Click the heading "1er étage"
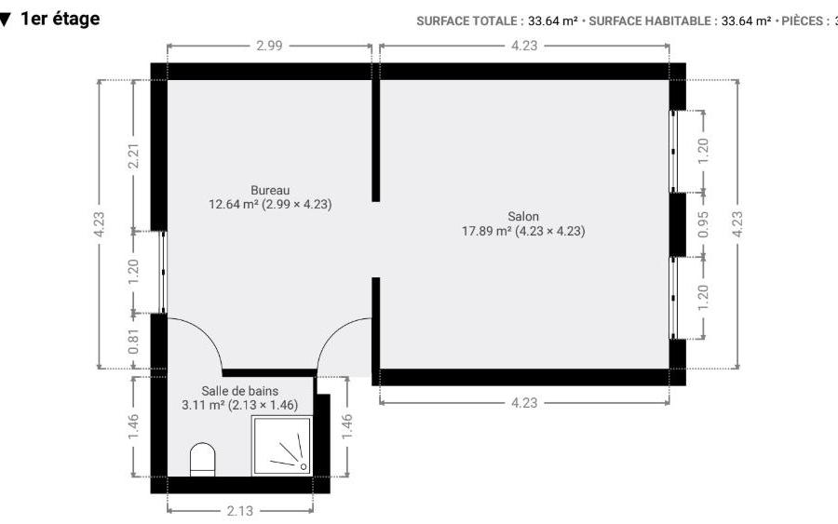point(60,19)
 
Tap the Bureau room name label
point(270,190)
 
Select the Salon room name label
point(523,216)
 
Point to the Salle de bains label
point(240,391)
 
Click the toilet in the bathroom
point(203,460)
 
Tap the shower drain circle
point(304,466)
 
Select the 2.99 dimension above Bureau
point(269,46)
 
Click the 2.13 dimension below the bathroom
point(240,511)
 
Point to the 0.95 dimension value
point(703,224)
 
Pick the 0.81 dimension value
point(133,341)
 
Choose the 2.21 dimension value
point(133,155)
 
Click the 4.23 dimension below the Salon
point(524,403)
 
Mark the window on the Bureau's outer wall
point(164,272)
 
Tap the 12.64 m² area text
point(234,204)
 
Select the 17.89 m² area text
point(487,231)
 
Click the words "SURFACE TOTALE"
point(466,21)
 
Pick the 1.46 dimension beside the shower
point(347,426)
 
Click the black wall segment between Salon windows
point(678,224)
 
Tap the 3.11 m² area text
point(203,405)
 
